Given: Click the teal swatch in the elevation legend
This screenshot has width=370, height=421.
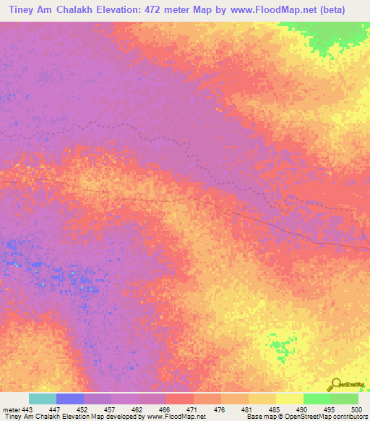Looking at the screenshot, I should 42,399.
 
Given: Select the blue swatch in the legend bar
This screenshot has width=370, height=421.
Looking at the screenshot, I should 69,399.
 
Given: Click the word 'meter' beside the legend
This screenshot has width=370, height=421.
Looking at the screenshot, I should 10,409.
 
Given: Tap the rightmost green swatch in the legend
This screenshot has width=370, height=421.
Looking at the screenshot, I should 344,399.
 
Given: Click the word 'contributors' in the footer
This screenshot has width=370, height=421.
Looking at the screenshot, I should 348,417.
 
